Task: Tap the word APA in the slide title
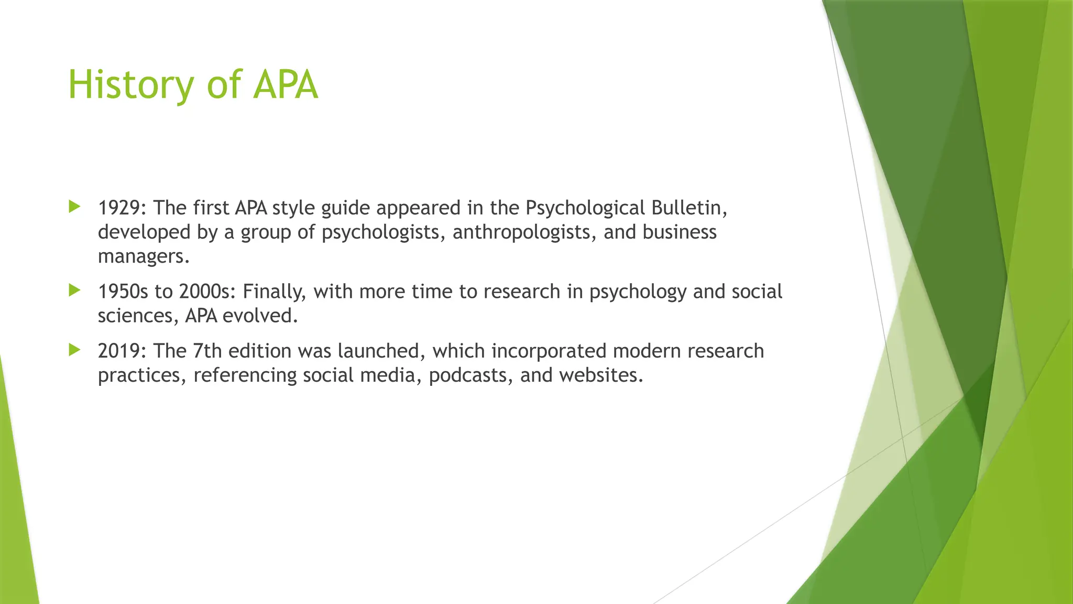[x=286, y=85]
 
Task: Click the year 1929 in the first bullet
[x=119, y=208]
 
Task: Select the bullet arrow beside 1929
[x=74, y=207]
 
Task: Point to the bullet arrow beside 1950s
[x=74, y=290]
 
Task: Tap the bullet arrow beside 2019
[x=74, y=350]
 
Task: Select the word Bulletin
[x=689, y=208]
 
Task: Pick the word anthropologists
[x=524, y=232]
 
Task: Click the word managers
[x=143, y=256]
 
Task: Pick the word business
[x=680, y=232]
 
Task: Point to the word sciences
[x=138, y=316]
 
